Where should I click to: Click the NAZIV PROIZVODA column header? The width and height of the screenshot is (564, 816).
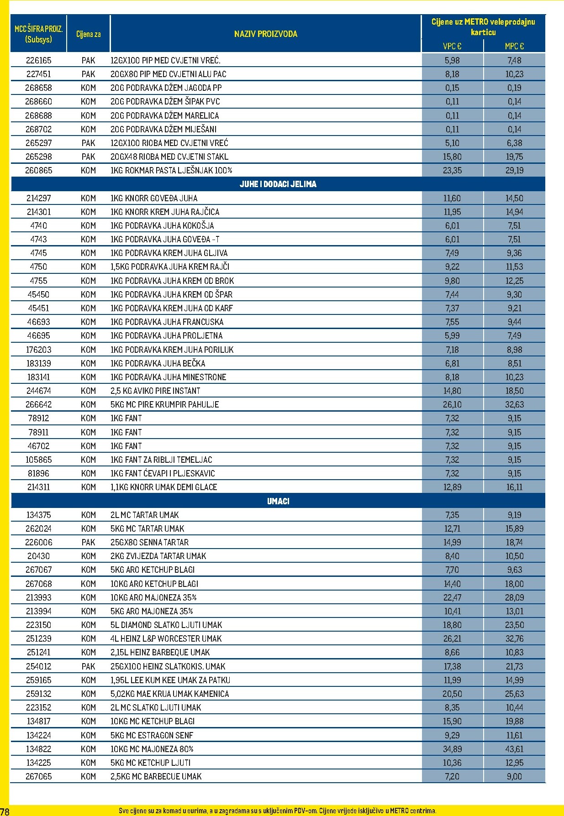[265, 34]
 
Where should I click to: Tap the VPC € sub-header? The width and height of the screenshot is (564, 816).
[452, 46]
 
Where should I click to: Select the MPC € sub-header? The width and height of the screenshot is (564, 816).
[514, 46]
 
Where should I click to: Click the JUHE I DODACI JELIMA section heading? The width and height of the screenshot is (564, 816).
[278, 184]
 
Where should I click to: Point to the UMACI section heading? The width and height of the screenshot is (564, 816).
[278, 501]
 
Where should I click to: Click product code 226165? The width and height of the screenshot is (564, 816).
[39, 60]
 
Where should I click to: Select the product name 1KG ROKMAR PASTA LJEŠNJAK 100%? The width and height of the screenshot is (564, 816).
[171, 171]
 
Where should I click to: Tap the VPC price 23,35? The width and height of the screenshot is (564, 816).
[452, 171]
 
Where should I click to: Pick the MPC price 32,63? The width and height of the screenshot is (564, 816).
[514, 404]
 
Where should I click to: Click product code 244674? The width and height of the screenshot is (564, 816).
[39, 391]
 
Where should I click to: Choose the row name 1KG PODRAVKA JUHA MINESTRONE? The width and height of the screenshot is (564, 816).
[168, 377]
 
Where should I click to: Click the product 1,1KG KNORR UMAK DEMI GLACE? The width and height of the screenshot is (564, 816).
[163, 487]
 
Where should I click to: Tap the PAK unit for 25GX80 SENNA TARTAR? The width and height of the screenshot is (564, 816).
[88, 542]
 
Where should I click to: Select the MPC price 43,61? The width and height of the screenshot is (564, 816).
[514, 749]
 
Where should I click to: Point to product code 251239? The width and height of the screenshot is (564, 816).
[39, 638]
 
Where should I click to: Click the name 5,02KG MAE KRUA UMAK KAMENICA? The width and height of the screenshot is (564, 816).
[169, 694]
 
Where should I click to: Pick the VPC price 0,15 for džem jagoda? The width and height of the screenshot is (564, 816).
[452, 88]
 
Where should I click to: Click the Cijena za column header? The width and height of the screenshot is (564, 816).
[88, 34]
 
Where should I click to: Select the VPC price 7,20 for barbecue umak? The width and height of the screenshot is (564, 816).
[452, 776]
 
